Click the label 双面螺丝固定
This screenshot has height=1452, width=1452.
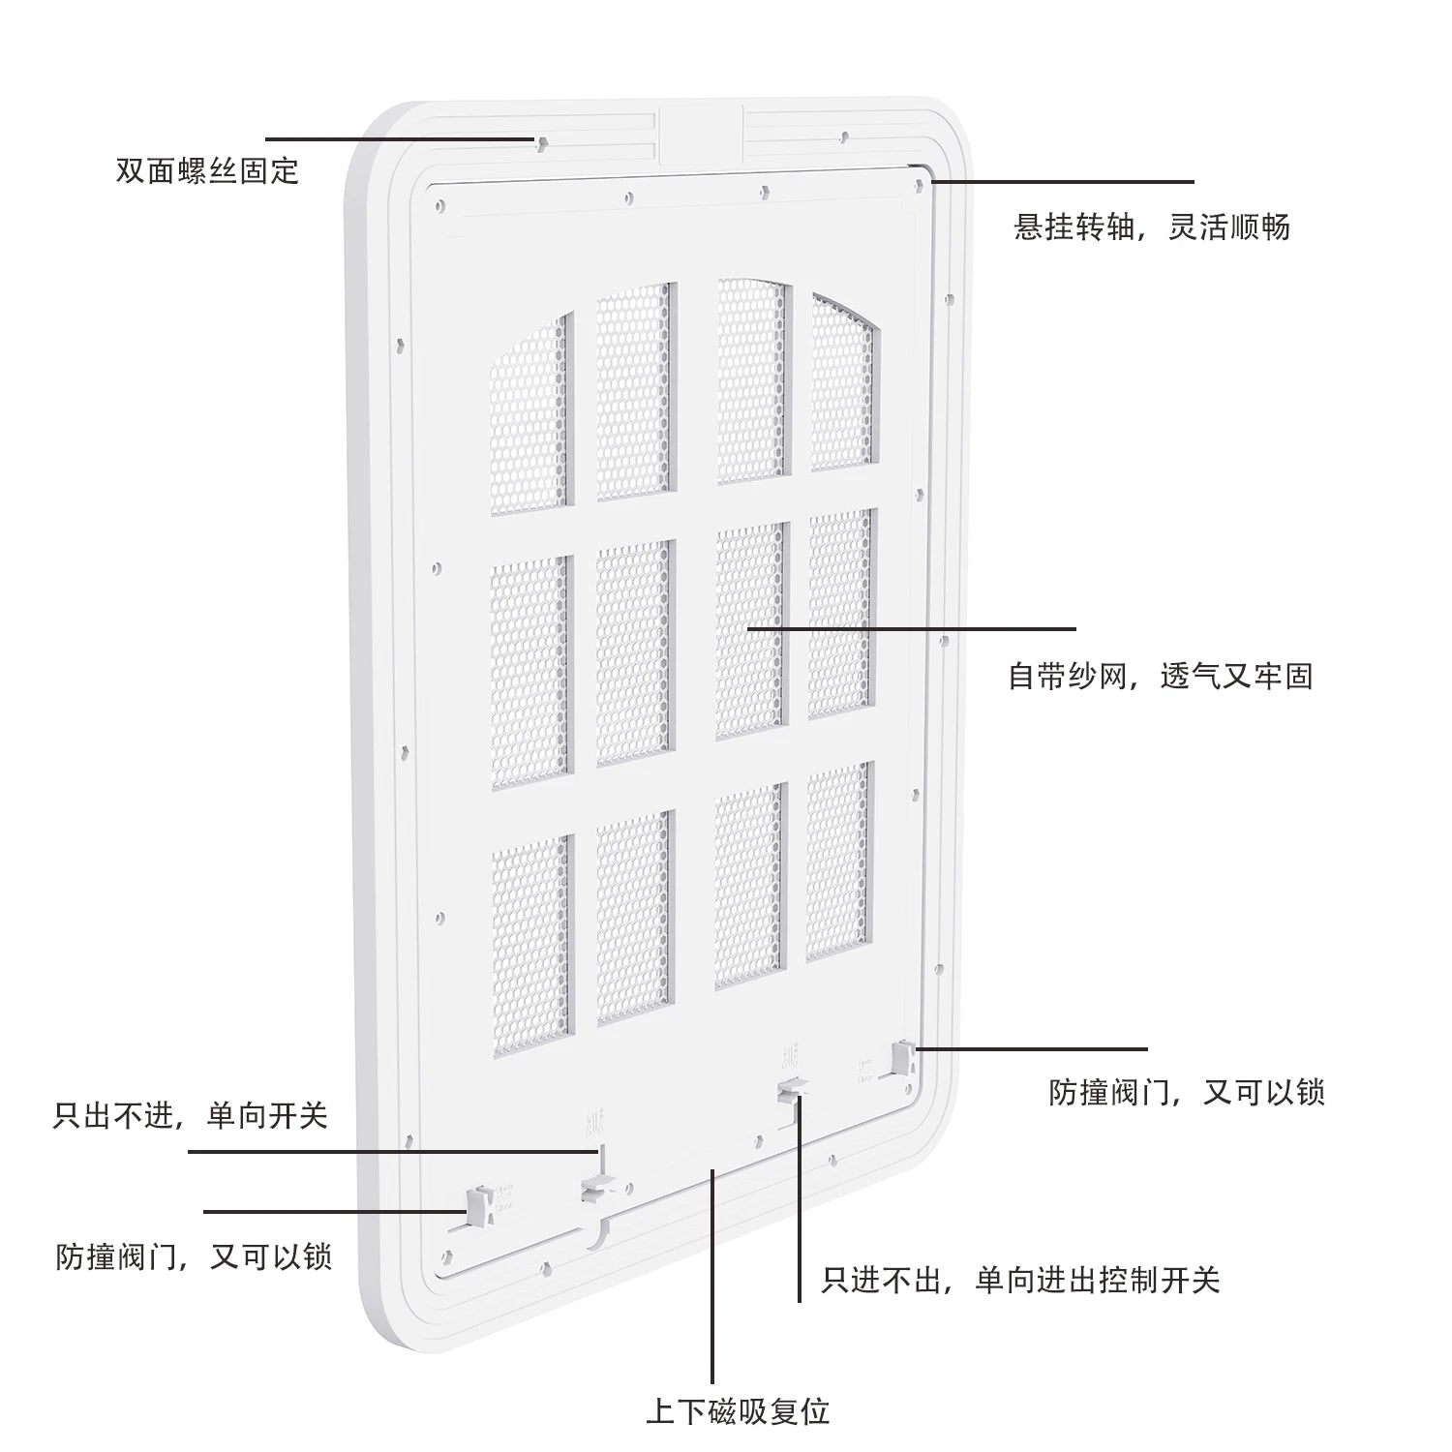coord(207,171)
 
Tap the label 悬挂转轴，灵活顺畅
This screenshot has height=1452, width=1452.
coord(1152,227)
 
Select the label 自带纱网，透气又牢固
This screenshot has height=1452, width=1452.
coord(1161,676)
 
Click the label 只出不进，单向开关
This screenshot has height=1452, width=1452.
coord(191,1116)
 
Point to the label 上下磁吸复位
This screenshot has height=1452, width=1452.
coord(738,1411)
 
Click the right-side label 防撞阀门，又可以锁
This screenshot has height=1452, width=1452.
coord(1187,1093)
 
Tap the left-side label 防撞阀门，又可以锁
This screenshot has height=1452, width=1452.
coord(195,1256)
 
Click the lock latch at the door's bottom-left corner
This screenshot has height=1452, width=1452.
coord(478,1205)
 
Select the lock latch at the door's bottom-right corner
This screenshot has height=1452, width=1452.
coord(902,1058)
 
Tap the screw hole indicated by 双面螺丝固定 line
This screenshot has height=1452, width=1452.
coord(542,143)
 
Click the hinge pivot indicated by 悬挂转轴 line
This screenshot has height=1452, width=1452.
coord(919,181)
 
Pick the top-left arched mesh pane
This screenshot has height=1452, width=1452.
coord(529,413)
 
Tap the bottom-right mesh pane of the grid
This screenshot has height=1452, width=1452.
coord(838,862)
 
